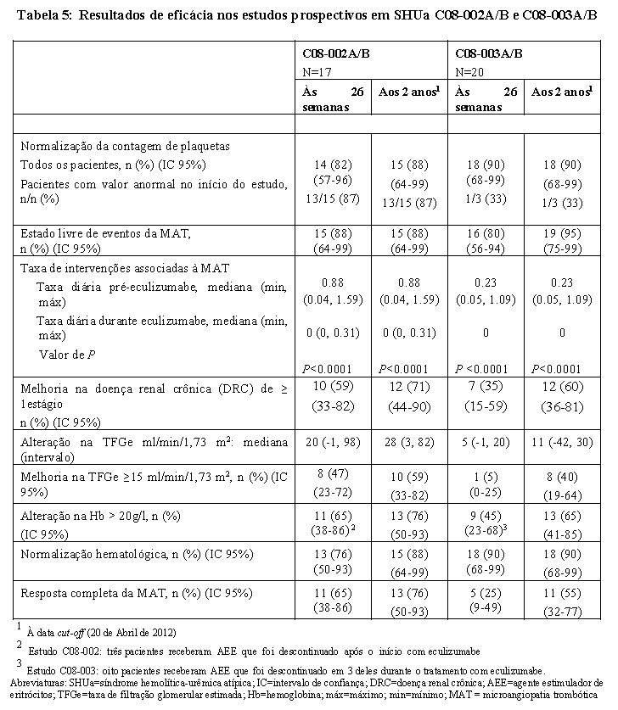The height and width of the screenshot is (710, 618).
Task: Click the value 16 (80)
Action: tap(486, 232)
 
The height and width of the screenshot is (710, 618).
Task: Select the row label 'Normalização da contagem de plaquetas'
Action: tap(126, 146)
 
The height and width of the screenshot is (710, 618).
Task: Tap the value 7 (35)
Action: tap(486, 387)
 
